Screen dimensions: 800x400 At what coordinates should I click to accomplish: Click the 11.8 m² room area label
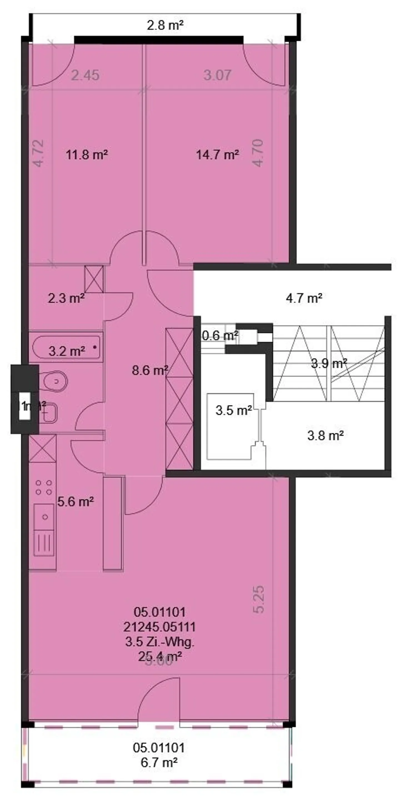pos(87,155)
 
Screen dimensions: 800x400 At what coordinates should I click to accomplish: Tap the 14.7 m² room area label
pos(217,155)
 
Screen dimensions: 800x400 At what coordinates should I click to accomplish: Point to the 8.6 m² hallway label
pos(150,370)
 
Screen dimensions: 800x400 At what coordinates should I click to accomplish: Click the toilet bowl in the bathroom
pos(55,381)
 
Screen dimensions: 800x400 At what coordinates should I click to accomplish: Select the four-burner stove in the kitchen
pos(44,487)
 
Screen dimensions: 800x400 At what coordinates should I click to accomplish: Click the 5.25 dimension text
pos(259,599)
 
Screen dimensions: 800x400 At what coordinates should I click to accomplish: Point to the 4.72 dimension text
pos(39,153)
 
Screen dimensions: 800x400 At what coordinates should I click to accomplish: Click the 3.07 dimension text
pos(217,75)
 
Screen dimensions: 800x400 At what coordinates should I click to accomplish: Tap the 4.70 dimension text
pos(258,153)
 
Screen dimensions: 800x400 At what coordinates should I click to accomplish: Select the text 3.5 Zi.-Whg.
pos(160,642)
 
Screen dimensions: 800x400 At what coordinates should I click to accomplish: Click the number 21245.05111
pos(160,627)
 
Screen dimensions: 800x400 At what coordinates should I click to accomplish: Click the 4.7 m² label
pos(304,298)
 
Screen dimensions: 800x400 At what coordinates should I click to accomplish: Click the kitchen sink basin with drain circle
pos(45,517)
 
